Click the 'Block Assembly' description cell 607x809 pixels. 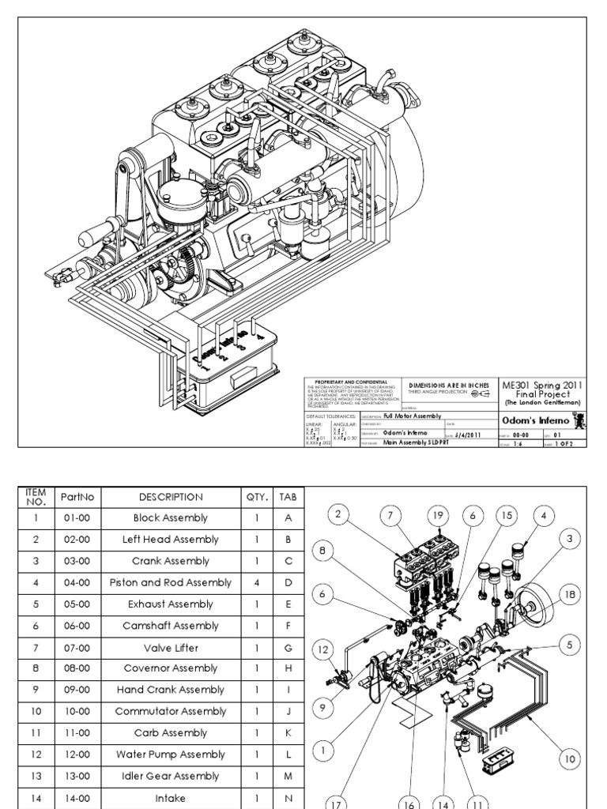[x=171, y=518]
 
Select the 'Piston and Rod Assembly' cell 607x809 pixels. [x=171, y=583]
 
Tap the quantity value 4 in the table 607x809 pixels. [x=258, y=583]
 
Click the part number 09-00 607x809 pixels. [x=77, y=690]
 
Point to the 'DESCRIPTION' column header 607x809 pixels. [x=171, y=497]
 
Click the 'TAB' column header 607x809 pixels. [x=288, y=497]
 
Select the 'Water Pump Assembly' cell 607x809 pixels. [x=171, y=754]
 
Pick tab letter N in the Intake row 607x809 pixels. [x=288, y=799]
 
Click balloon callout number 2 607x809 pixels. [x=337, y=515]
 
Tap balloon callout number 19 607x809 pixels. [x=436, y=515]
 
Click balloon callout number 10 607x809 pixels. [x=568, y=759]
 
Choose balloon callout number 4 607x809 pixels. [x=543, y=515]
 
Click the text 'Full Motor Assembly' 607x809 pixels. [x=412, y=416]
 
